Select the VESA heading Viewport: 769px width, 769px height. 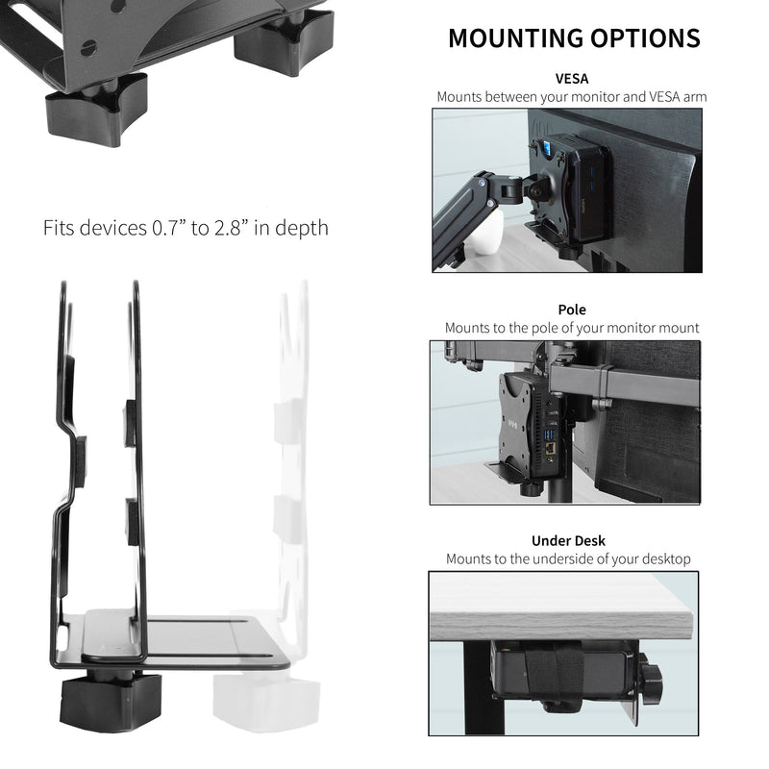point(572,79)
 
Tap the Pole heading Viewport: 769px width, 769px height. point(572,310)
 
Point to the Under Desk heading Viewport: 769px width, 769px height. point(568,540)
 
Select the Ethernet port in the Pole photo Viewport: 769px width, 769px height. point(549,449)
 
